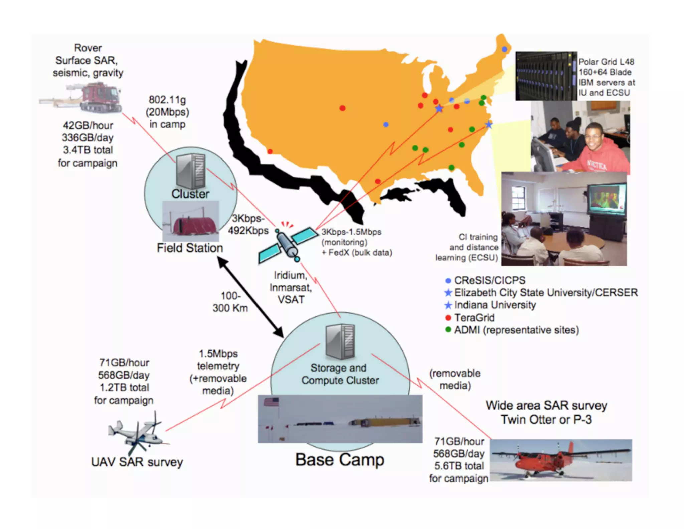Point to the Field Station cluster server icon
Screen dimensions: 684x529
pyautogui.click(x=191, y=171)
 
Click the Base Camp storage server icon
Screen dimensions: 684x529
pyautogui.click(x=340, y=342)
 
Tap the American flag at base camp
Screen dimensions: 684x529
pyautogui.click(x=271, y=402)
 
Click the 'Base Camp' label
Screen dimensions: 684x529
pyautogui.click(x=340, y=460)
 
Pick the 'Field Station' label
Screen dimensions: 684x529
pyautogui.click(x=190, y=248)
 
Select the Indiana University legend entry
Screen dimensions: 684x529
pyautogui.click(x=495, y=305)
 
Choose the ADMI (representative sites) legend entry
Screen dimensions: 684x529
pyautogui.click(x=516, y=330)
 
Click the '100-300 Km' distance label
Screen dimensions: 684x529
pyautogui.click(x=230, y=302)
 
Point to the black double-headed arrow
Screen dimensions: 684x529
pyautogui.click(x=251, y=297)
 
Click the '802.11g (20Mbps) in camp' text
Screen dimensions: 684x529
pyautogui.click(x=167, y=112)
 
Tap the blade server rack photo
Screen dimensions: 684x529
pyautogui.click(x=546, y=76)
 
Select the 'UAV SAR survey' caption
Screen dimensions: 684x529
pyautogui.click(x=137, y=462)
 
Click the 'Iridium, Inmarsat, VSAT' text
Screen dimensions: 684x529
pyautogui.click(x=291, y=287)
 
